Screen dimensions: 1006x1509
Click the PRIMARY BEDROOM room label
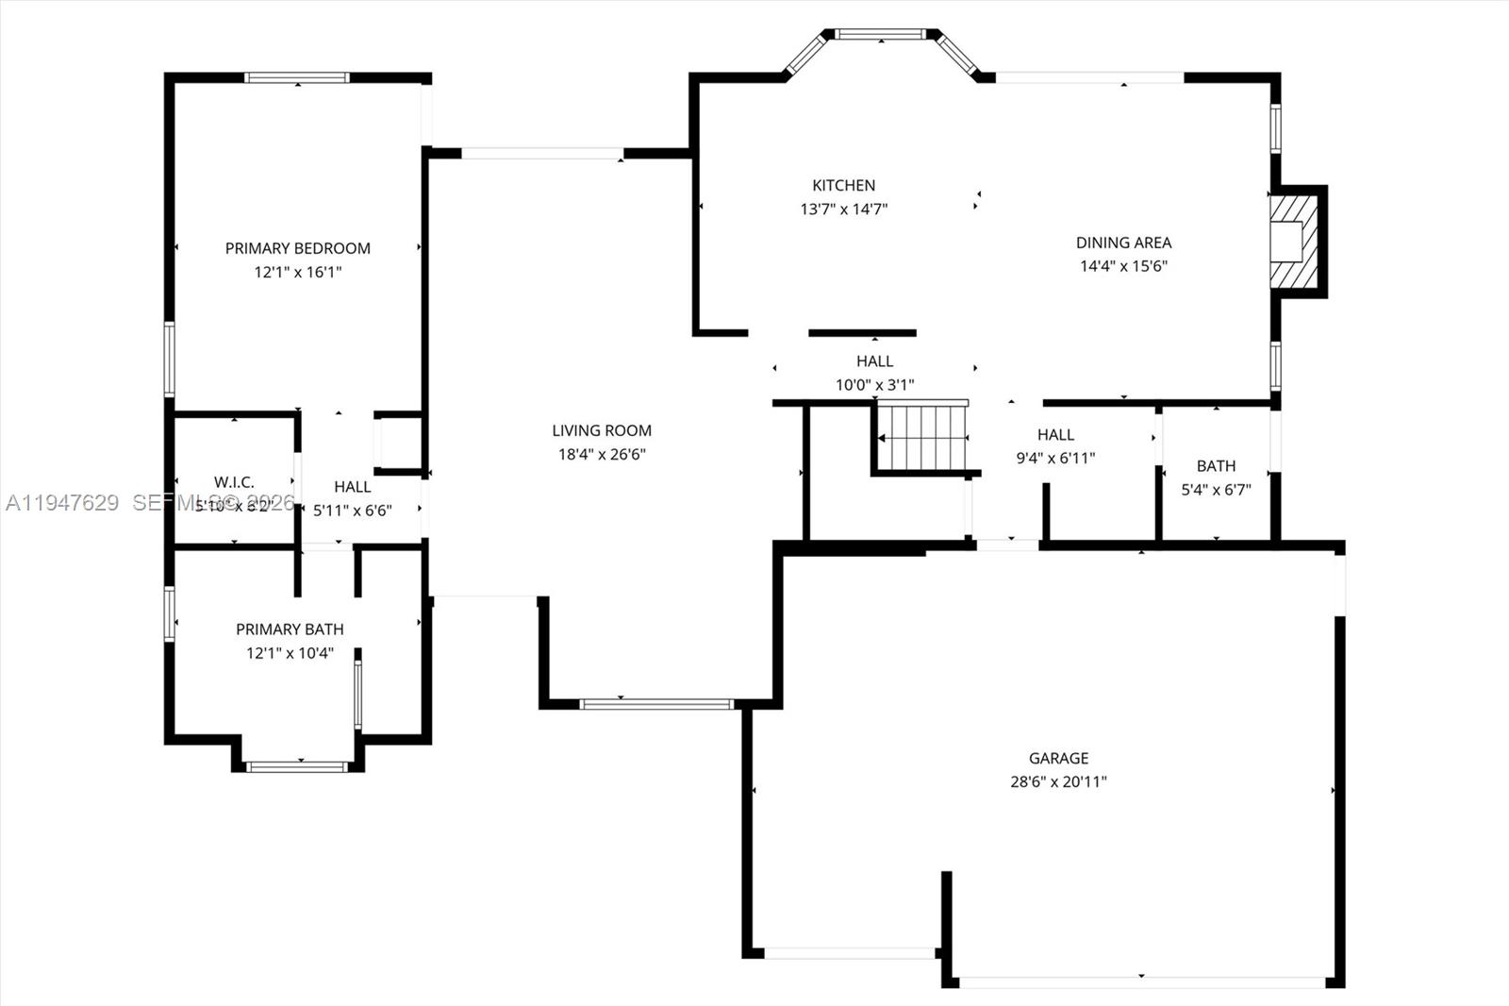click(x=297, y=248)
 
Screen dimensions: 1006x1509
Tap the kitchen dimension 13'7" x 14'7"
click(x=843, y=210)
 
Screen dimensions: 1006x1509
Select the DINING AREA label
click(x=1123, y=243)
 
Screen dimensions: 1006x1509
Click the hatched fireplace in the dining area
click(x=1293, y=241)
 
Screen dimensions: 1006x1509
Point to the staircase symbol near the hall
click(x=921, y=438)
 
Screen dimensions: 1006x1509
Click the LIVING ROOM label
click(x=602, y=430)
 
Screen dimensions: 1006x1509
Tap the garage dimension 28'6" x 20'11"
click(x=1058, y=781)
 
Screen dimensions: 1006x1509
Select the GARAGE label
click(x=1058, y=758)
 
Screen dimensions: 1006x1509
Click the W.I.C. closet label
click(x=234, y=482)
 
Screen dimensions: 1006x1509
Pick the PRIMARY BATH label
click(x=290, y=629)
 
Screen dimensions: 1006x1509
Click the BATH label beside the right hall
click(x=1216, y=466)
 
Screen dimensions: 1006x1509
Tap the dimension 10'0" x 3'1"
click(x=874, y=385)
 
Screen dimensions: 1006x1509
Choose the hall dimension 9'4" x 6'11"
click(x=1055, y=459)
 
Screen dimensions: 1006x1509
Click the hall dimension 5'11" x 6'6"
click(x=352, y=511)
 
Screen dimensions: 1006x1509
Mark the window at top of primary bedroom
click(x=297, y=77)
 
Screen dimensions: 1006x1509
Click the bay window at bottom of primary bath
click(x=297, y=766)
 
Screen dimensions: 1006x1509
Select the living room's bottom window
click(x=656, y=703)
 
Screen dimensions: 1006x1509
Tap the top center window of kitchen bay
click(x=881, y=35)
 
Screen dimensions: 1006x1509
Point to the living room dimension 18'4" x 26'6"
click(x=602, y=454)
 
